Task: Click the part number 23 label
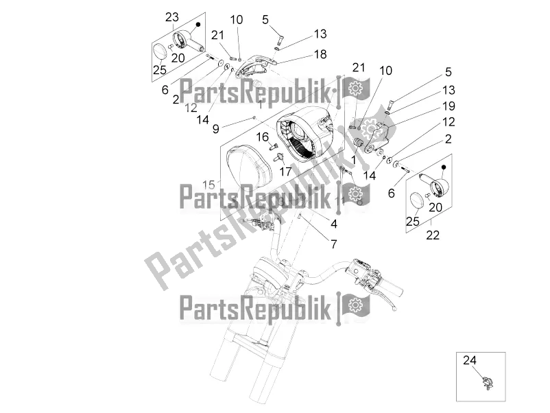coord(172,17)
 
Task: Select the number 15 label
coord(208,184)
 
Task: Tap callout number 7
coord(334,244)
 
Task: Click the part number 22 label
coord(433,234)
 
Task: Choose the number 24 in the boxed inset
coord(468,359)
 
